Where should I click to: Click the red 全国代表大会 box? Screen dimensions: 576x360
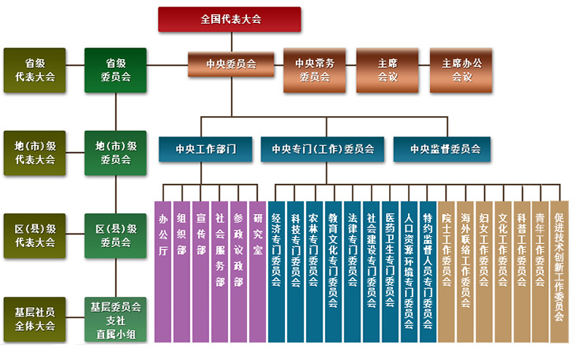230,19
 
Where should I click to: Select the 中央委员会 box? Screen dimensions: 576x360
231,65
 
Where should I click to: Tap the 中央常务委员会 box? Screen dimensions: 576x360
315,69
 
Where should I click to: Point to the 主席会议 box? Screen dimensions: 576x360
387,69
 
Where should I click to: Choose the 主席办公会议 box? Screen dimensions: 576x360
461,69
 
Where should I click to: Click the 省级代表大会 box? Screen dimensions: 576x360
35,69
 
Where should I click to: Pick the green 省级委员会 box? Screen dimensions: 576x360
115,69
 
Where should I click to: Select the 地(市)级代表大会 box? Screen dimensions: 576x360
35,153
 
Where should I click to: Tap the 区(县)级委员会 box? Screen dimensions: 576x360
115,236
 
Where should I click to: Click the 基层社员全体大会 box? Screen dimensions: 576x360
35,319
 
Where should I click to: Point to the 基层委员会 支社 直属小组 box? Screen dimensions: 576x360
115,319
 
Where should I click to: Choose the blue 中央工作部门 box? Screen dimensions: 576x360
205,149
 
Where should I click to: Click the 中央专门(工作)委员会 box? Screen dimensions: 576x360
323,149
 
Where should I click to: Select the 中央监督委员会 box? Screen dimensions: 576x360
442,149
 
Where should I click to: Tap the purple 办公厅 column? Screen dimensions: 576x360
163,272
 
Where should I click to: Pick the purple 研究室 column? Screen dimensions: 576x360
257,272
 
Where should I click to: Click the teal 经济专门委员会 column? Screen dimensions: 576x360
277,272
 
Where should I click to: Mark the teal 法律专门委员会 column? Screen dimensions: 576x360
352,272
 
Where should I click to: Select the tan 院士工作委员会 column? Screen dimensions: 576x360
447,272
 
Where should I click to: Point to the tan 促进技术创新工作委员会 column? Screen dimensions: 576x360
559,272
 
